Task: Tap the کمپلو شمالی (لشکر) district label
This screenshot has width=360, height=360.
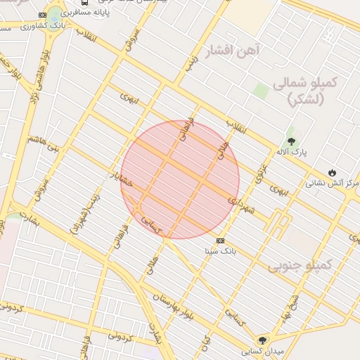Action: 314,91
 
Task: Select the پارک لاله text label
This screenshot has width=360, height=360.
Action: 290,152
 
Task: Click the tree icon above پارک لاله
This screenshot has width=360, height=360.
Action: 291,141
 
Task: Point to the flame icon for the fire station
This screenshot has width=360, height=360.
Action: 332,172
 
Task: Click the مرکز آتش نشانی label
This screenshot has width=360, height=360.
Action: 331,184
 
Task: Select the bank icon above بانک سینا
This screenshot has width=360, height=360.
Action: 221,240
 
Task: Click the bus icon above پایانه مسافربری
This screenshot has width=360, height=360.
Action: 85,3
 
